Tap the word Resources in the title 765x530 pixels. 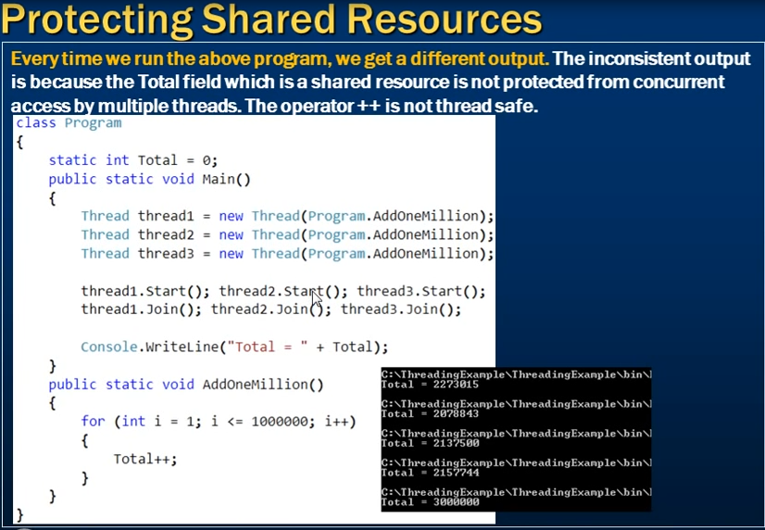pos(445,19)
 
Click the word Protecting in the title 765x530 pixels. pos(97,20)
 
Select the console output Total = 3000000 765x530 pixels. pos(431,502)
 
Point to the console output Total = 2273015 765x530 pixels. pos(431,385)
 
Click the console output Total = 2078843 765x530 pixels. pos(431,414)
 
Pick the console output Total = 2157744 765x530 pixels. pos(431,473)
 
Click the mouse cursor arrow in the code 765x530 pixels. pos(317,297)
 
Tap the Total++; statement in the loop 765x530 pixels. pos(145,459)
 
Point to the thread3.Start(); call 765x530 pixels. pos(421,291)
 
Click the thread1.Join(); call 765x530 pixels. pos(141,309)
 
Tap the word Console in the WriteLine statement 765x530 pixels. pos(109,347)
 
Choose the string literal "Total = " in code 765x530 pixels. pos(268,347)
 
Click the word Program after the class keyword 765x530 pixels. pos(94,123)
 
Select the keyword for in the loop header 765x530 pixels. pos(94,422)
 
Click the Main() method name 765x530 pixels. pos(226,179)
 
